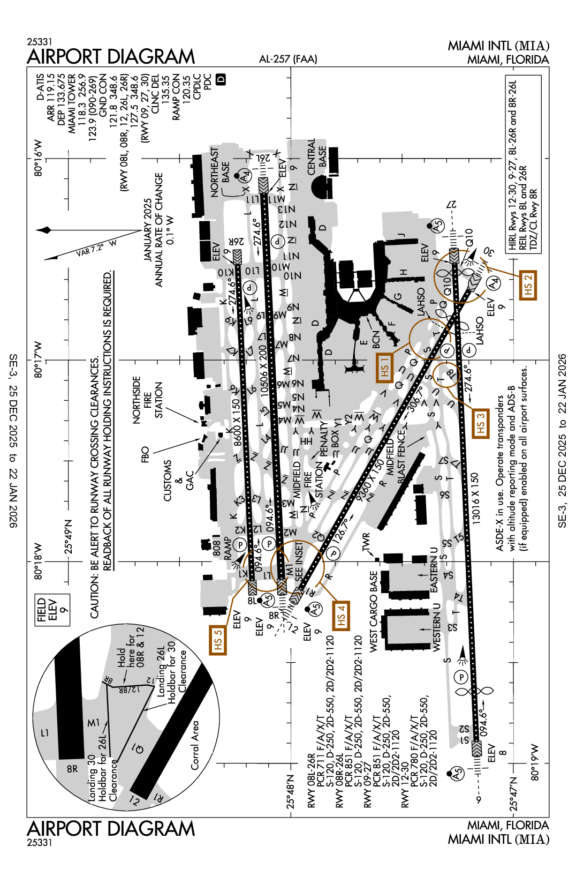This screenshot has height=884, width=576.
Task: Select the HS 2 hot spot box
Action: pyautogui.click(x=528, y=285)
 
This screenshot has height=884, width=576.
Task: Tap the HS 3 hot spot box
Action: pyautogui.click(x=480, y=423)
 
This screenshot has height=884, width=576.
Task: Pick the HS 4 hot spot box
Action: pyautogui.click(x=341, y=615)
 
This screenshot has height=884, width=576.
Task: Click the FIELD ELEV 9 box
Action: pyautogui.click(x=52, y=610)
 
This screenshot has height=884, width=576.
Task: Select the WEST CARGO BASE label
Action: pyautogui.click(x=374, y=611)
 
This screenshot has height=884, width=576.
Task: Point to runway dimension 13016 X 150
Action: pyautogui.click(x=475, y=497)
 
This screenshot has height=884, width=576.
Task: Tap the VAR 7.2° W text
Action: pyautogui.click(x=96, y=247)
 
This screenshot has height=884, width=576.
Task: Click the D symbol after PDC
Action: pyautogui.click(x=221, y=79)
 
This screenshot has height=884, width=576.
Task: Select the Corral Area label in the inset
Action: pyautogui.click(x=195, y=745)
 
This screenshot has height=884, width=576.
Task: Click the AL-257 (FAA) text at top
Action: pyautogui.click(x=288, y=59)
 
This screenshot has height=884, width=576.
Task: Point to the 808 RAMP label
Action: pyautogui.click(x=222, y=547)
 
